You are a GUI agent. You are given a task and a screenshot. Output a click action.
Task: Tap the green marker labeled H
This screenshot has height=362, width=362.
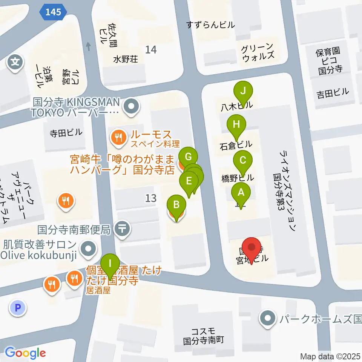[x=236, y=125]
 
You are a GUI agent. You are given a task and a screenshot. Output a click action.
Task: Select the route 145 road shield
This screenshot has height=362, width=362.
[x=53, y=12]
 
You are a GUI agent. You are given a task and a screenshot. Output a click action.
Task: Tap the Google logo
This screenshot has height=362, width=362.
[x=25, y=353]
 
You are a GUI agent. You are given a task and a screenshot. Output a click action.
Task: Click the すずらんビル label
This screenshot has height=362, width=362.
[x=211, y=25]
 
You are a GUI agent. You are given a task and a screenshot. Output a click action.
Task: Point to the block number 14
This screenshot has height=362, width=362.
[x=151, y=49]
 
